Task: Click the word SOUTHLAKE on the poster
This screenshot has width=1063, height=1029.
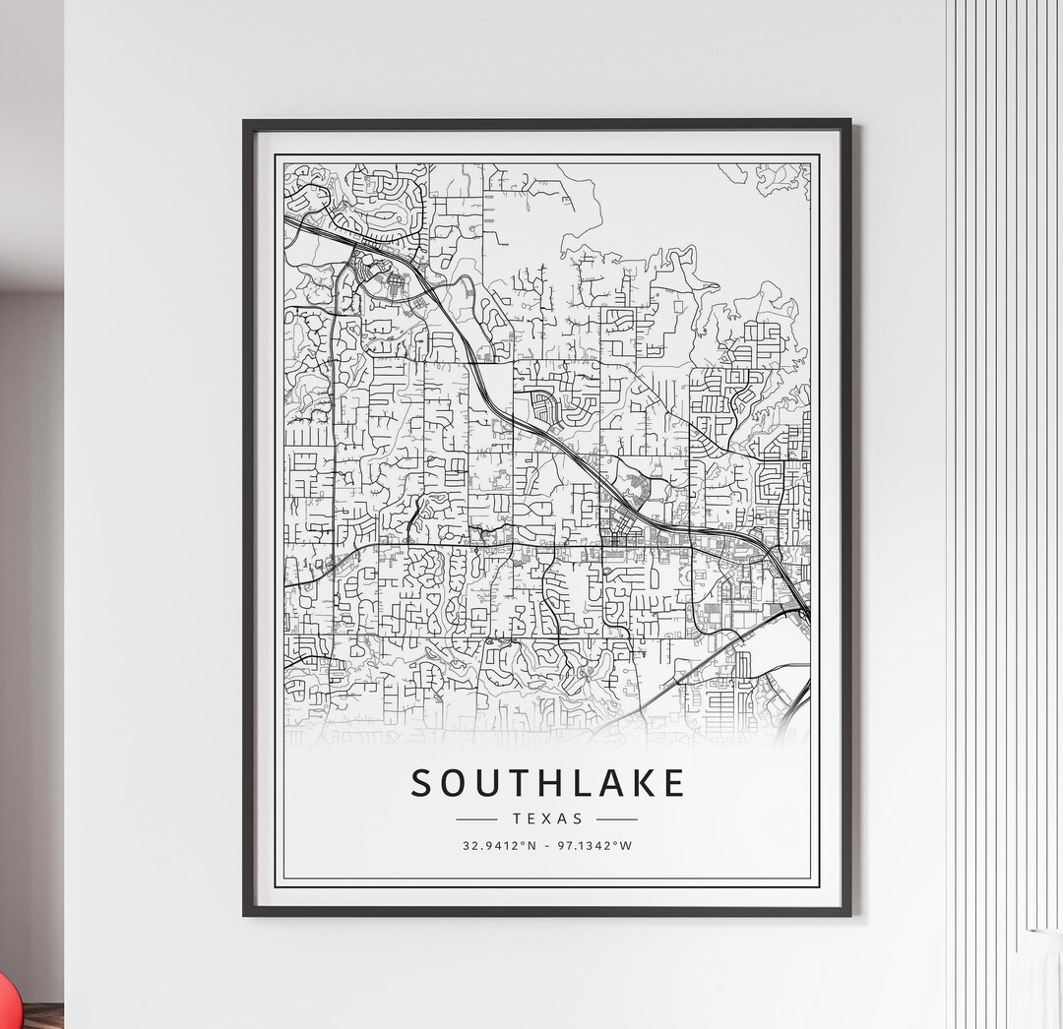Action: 547,783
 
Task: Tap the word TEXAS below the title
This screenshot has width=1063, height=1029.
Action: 547,818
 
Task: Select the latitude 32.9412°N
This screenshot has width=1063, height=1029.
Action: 498,845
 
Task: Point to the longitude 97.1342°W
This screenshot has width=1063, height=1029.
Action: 596,845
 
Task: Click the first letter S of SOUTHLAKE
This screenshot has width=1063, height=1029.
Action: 421,783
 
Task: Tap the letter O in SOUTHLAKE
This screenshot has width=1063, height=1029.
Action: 452,783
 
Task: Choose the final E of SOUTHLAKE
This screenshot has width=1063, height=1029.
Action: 672,783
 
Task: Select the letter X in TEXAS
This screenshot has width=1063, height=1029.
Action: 547,818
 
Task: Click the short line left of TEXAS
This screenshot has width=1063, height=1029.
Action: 477,818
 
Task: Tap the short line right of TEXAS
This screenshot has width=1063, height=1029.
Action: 617,818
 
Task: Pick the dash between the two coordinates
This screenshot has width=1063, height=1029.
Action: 547,845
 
